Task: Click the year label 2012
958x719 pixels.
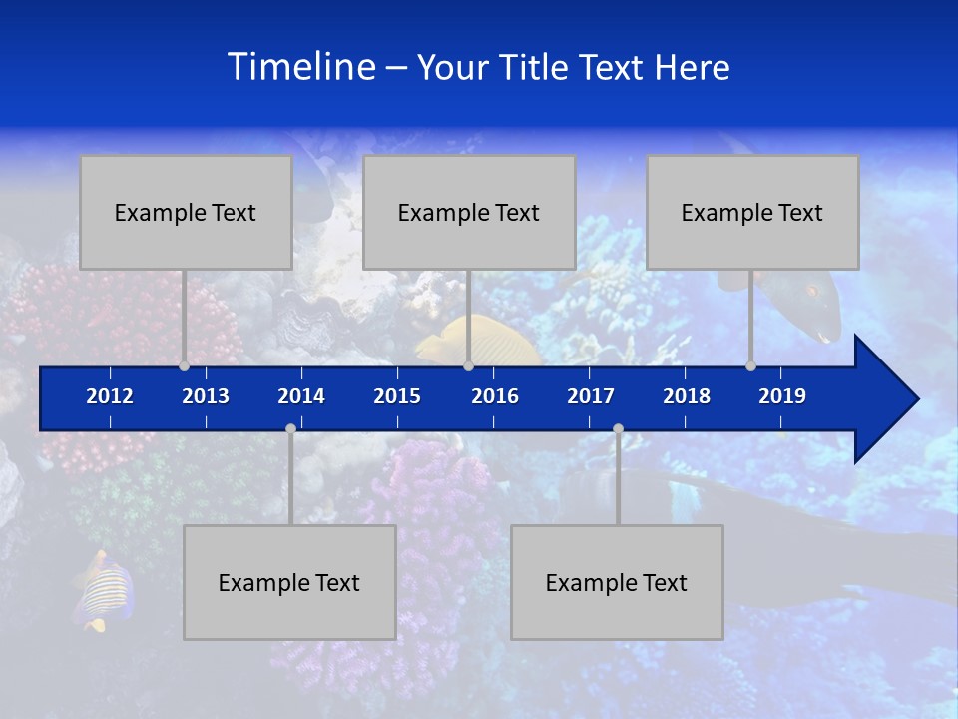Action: pos(110,396)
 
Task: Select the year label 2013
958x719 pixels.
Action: pos(206,396)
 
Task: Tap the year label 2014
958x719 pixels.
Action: pos(301,396)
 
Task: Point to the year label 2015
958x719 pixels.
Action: pos(397,396)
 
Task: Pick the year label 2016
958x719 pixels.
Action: pos(495,396)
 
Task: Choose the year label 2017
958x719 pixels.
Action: pos(591,396)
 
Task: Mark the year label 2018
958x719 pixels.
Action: pos(687,396)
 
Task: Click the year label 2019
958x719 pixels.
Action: pos(782,396)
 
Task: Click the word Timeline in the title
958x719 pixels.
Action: pos(300,67)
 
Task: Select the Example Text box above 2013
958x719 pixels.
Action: pos(186,212)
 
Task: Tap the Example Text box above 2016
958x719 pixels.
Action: pos(469,212)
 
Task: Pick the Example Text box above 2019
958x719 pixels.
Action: pos(752,212)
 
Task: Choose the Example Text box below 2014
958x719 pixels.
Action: pos(289,582)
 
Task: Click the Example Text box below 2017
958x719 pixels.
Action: pos(617,582)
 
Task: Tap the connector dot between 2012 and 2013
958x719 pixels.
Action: pos(185,365)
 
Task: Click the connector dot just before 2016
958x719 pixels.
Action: pos(468,365)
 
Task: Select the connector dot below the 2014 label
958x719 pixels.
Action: pos(290,428)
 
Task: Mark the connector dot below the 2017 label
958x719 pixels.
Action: pos(618,428)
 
